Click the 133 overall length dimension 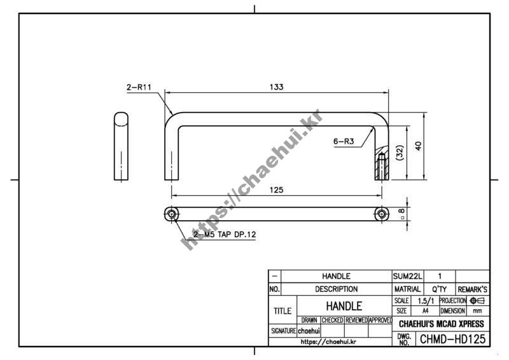[x=276, y=87]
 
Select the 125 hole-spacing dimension [x=276, y=190]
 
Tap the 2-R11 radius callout [x=139, y=87]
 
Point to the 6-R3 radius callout [x=344, y=142]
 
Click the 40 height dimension [x=419, y=146]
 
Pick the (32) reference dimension [x=400, y=152]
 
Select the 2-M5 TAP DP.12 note [x=225, y=234]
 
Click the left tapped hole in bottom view [x=171, y=214]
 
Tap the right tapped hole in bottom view [x=382, y=214]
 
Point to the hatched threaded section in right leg [x=382, y=164]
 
